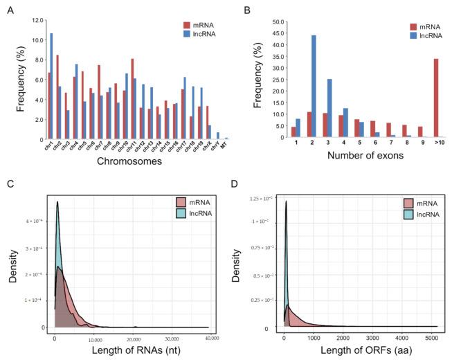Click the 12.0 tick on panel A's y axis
click(39, 21)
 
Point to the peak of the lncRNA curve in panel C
click(57, 202)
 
